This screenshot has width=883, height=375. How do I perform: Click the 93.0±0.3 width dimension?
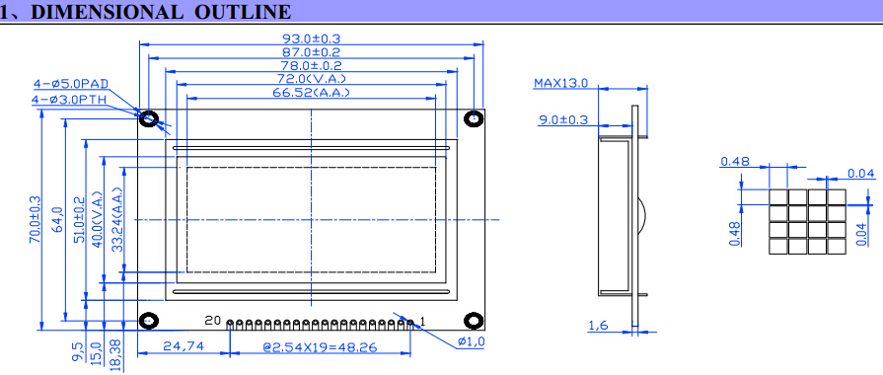[312, 38]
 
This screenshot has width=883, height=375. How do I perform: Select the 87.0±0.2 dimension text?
[312, 52]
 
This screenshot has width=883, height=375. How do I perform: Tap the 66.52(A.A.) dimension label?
[312, 93]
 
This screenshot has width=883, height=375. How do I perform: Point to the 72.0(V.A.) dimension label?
[312, 79]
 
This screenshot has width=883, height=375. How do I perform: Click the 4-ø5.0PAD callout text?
[71, 84]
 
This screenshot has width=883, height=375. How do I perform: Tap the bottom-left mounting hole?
[149, 321]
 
